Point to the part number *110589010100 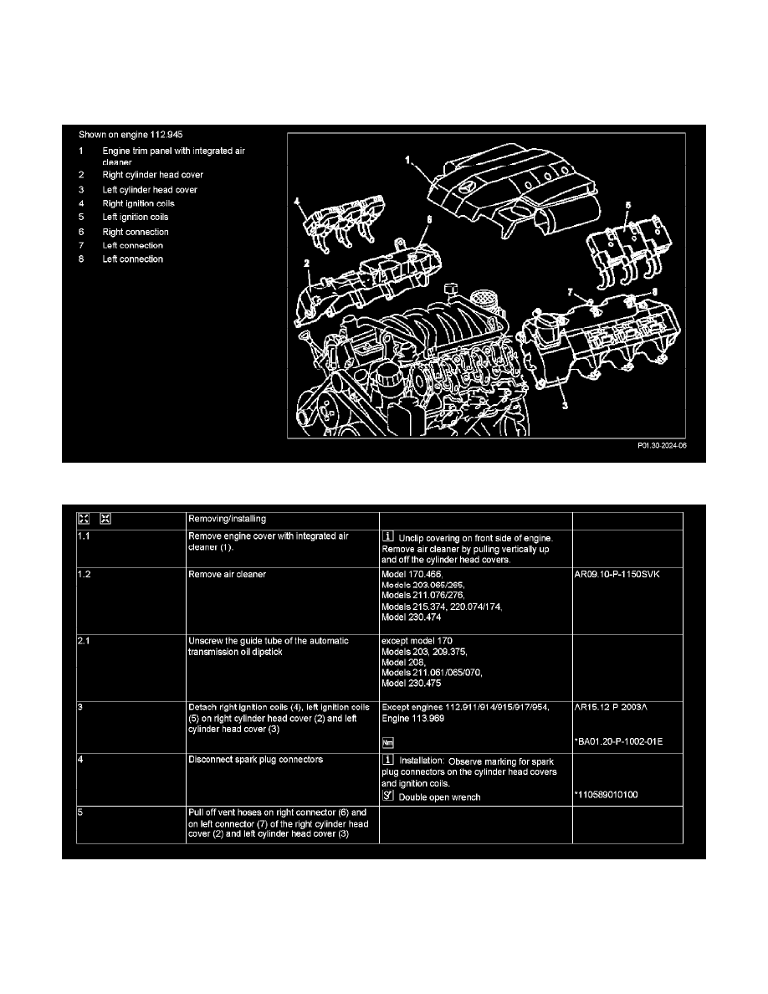coord(607,796)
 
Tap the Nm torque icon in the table coord(387,741)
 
